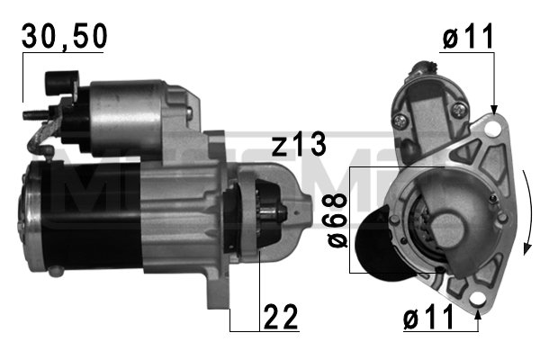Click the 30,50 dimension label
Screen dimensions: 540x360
65,36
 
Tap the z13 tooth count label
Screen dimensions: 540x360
299,144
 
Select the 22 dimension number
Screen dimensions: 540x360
280,318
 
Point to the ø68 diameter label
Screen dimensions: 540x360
337,220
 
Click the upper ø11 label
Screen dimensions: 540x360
468,37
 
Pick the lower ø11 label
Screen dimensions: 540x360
428,318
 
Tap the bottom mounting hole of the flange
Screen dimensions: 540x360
477,298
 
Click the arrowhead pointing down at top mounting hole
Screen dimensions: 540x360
494,110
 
